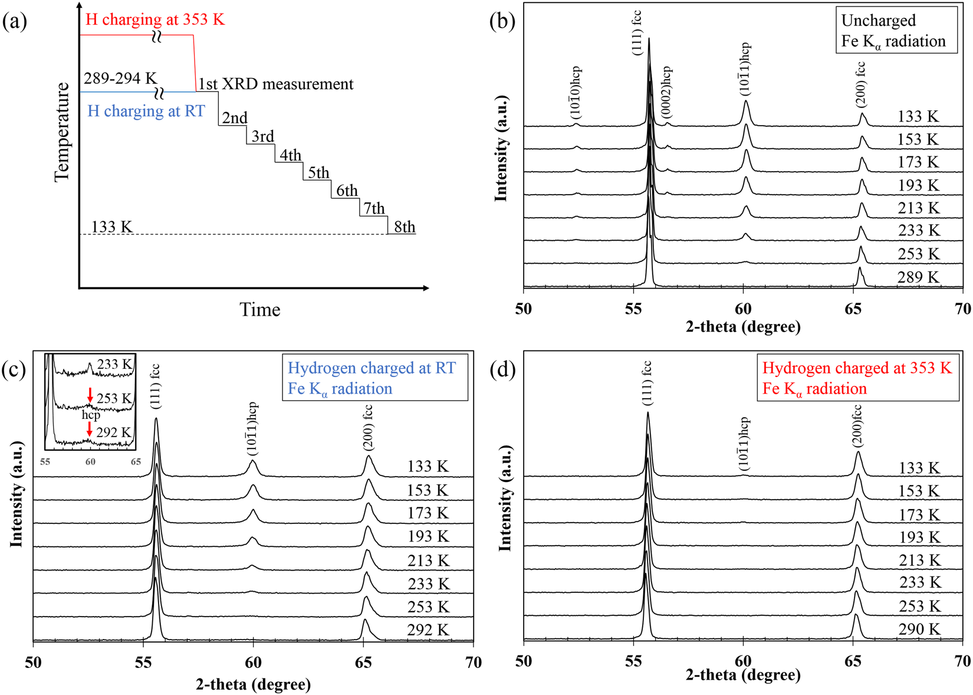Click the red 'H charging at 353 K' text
[155, 19]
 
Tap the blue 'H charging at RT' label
[146, 111]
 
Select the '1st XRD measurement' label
[275, 84]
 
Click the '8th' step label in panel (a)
[405, 227]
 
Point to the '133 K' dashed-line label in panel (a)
[112, 227]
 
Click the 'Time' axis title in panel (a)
[259, 309]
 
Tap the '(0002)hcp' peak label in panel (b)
[667, 93]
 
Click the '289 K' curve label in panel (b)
[918, 277]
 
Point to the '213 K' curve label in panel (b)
[918, 208]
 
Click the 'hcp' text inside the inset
[91, 415]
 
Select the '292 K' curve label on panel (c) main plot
[428, 630]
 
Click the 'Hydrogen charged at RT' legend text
[372, 368]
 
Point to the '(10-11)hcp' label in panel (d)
[744, 444]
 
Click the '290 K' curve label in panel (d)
[919, 629]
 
